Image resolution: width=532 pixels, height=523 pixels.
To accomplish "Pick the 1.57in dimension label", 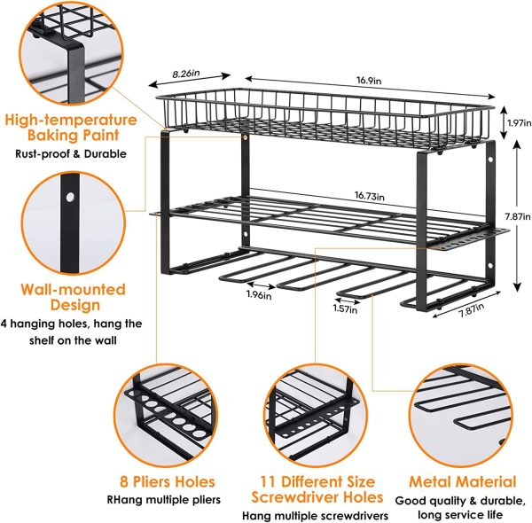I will (347, 308).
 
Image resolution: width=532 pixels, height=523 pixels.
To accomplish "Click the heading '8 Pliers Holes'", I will (168, 481).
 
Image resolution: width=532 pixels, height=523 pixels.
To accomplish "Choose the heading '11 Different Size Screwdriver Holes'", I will (317, 489).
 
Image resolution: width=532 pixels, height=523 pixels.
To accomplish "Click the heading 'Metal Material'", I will (462, 482).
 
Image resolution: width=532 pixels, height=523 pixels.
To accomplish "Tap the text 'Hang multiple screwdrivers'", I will (317, 515).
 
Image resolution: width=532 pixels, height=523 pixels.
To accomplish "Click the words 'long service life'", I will (462, 512).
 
